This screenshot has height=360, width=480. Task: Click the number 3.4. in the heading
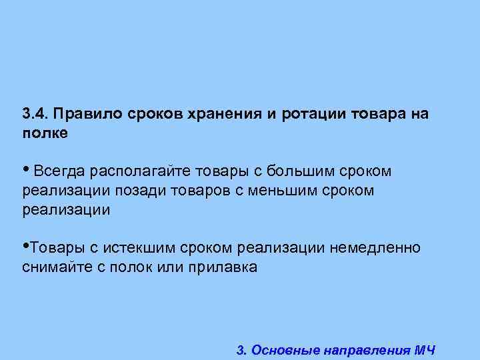pyautogui.click(x=36, y=113)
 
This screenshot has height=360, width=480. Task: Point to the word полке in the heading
pyautogui.click(x=45, y=133)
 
